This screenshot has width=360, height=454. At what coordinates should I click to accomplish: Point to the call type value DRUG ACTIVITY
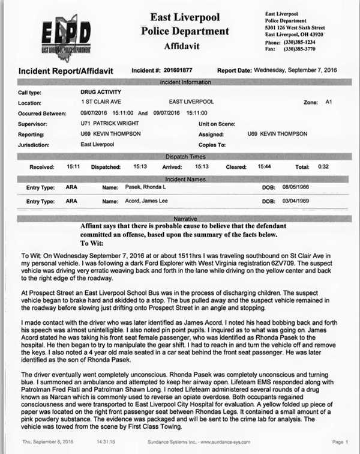(100, 94)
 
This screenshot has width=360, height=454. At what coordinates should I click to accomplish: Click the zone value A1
(328, 103)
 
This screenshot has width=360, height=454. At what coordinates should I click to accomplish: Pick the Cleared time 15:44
(257, 166)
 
